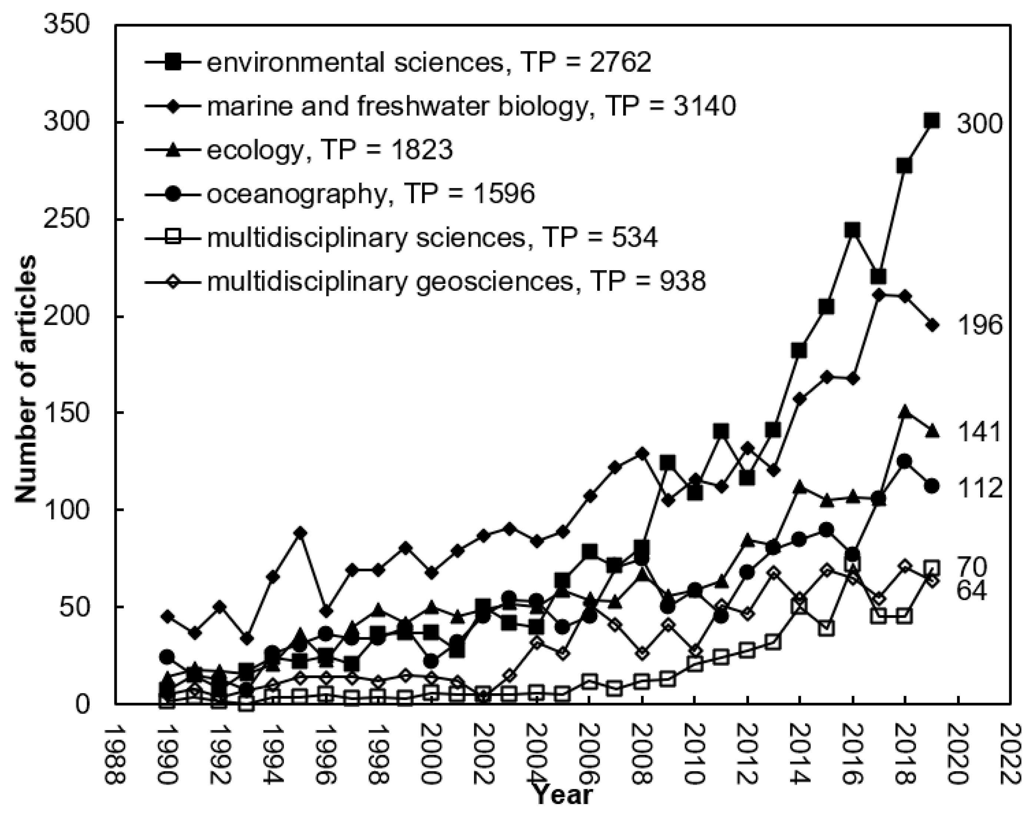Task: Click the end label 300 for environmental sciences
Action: click(972, 125)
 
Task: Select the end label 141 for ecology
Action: click(972, 433)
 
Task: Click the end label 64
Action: click(971, 592)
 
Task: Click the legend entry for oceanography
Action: click(370, 194)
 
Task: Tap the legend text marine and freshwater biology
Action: click(471, 106)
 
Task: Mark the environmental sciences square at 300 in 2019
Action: click(932, 122)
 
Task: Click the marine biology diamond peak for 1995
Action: click(300, 533)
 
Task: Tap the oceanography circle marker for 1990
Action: click(167, 657)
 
